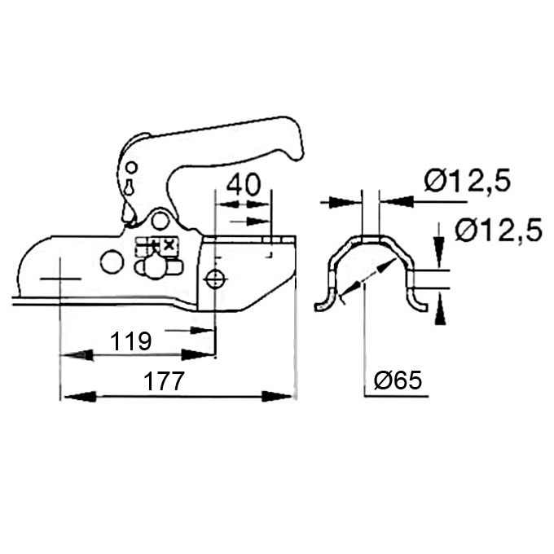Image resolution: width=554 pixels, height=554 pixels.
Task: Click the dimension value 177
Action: (x=165, y=381)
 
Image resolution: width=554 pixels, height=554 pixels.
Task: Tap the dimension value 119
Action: (x=130, y=341)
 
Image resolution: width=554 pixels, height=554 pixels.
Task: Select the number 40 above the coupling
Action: (x=244, y=184)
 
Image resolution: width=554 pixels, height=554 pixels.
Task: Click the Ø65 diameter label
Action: (x=398, y=380)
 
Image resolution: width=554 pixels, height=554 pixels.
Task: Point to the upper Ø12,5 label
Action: (x=468, y=181)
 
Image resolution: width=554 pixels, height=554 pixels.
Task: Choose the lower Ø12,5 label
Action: (x=499, y=230)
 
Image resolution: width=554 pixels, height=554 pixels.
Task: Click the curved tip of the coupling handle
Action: (x=295, y=141)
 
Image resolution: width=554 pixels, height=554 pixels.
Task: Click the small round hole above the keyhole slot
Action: (x=131, y=167)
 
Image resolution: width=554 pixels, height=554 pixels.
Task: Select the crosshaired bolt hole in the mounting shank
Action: (x=214, y=279)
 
